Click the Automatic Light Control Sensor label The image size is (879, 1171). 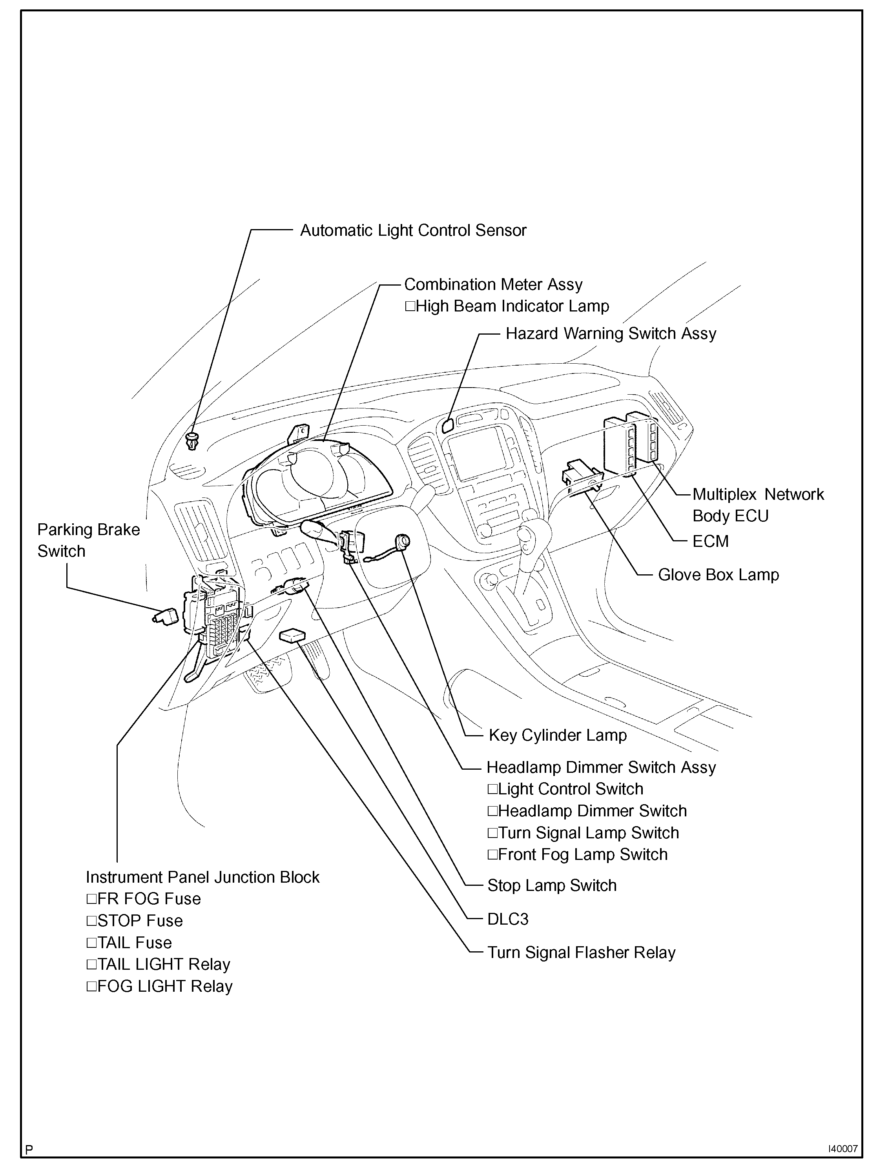[413, 231]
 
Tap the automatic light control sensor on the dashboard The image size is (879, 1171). [192, 440]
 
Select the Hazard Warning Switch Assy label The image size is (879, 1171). [611, 333]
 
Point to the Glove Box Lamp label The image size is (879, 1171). [718, 575]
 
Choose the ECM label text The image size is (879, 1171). [711, 541]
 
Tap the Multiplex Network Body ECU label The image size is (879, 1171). [758, 505]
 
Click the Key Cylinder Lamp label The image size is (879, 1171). [558, 735]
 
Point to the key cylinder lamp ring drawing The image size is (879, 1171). [403, 541]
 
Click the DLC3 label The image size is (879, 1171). [508, 919]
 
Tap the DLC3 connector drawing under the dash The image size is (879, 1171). [292, 635]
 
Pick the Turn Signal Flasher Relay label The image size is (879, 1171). [581, 953]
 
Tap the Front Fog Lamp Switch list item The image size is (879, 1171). [577, 855]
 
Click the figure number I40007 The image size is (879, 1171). [843, 1149]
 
